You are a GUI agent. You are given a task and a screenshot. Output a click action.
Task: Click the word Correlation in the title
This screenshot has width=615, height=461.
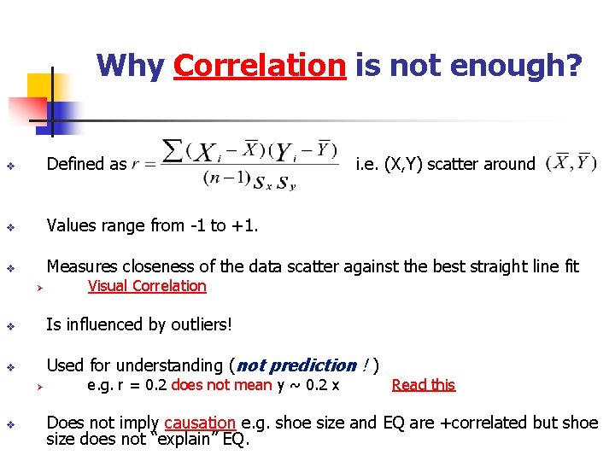259,65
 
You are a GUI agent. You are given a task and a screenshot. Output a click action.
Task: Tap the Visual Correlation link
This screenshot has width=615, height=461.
147,286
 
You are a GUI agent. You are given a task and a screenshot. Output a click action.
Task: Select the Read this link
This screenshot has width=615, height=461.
423,385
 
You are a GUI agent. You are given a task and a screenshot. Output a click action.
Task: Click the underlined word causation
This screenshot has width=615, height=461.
200,423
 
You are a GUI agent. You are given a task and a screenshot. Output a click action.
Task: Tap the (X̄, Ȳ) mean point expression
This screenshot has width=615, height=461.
571,162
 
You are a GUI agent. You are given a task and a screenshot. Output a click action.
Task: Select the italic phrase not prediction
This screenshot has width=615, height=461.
296,365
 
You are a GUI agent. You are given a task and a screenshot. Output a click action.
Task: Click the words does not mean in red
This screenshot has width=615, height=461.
221,385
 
